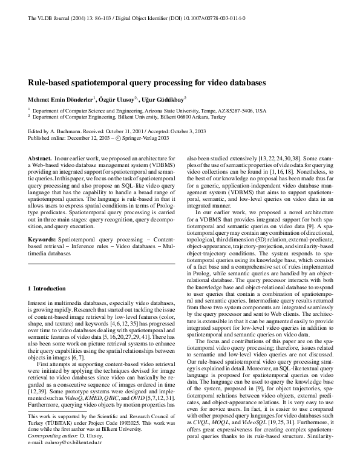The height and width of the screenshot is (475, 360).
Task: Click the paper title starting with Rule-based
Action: click(x=147, y=82)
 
